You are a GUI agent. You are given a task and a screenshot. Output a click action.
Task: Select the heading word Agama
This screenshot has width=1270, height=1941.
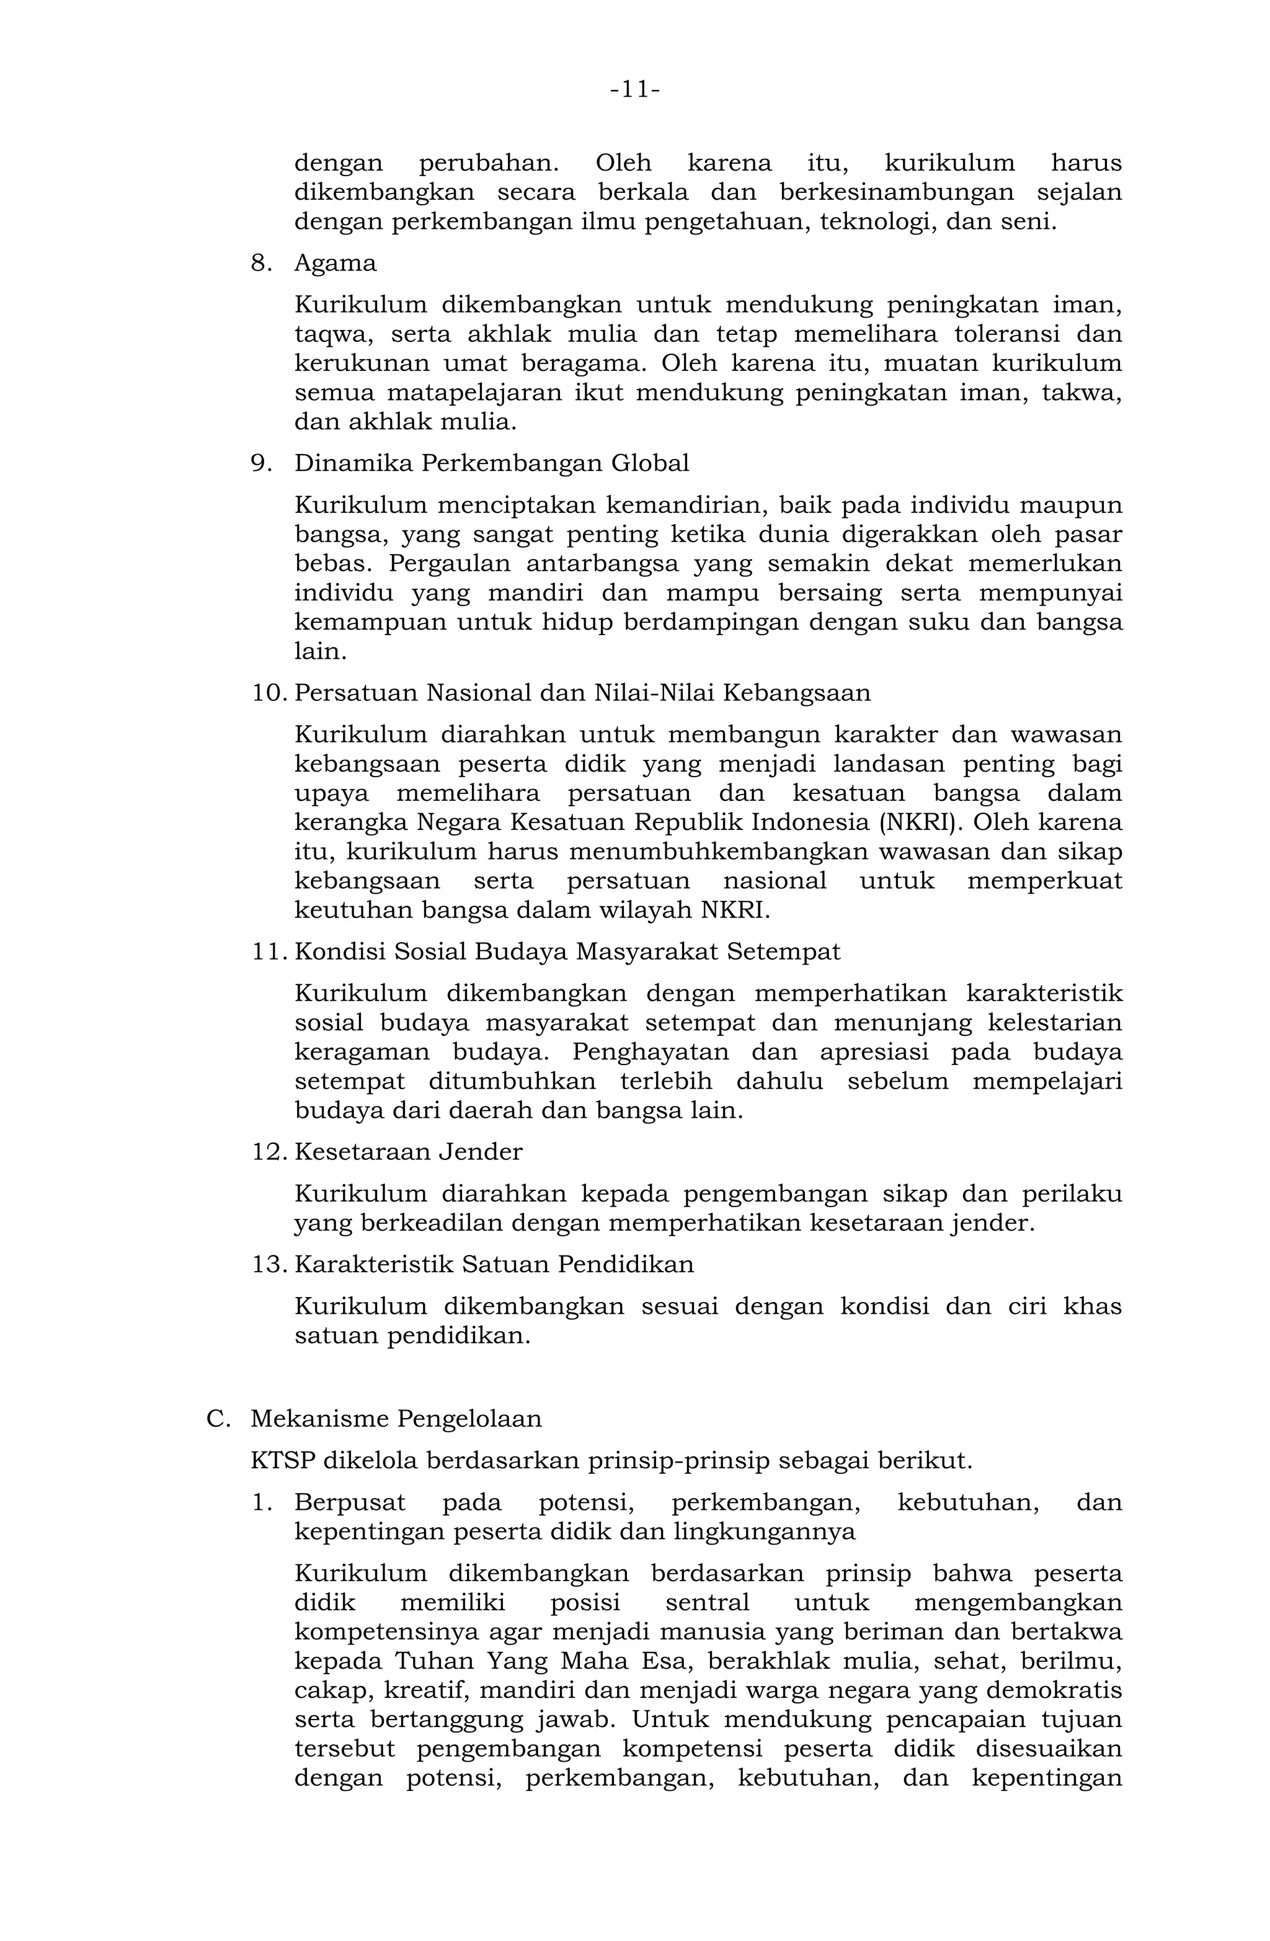(335, 264)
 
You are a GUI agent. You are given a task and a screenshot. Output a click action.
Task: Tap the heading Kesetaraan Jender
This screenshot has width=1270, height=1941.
(407, 1151)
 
